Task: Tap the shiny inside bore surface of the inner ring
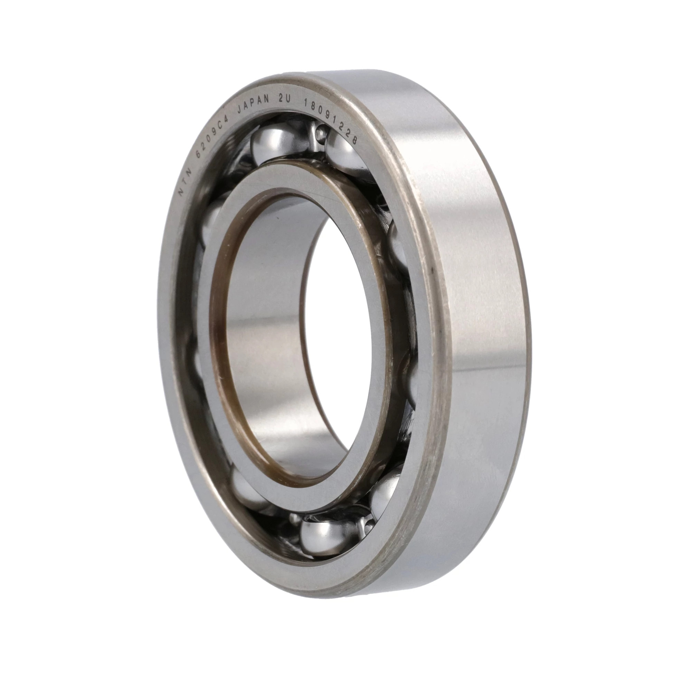point(265,322)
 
